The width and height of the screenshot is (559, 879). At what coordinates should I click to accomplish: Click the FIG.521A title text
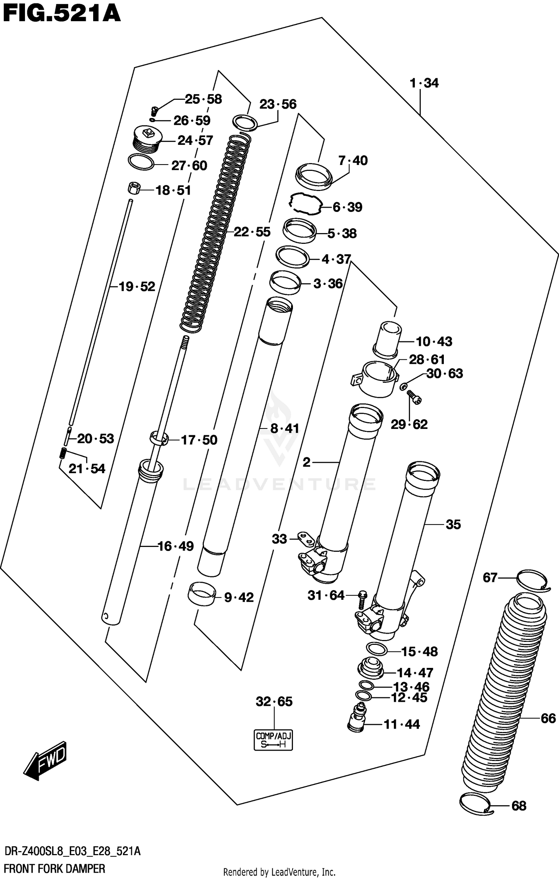61,14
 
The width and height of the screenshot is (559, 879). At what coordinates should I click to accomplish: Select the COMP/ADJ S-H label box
273,740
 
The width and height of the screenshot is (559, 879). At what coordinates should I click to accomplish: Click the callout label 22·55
252,232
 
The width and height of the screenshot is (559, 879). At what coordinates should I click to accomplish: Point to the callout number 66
548,718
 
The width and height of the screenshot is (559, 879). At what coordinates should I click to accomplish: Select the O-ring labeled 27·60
141,162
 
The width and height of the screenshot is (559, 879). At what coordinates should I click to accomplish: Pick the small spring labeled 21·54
63,453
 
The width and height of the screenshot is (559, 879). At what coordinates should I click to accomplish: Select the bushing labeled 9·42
201,594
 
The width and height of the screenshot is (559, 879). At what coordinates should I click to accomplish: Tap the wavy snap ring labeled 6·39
305,204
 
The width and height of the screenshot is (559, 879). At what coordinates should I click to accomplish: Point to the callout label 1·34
424,83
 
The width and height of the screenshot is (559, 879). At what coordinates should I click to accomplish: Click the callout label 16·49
176,546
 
